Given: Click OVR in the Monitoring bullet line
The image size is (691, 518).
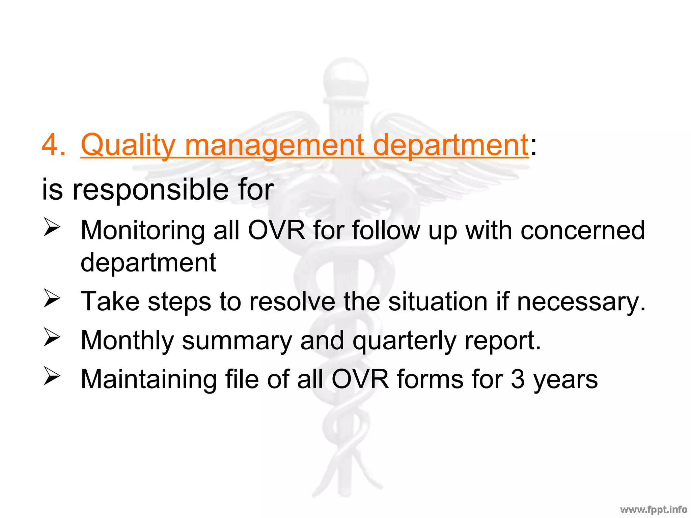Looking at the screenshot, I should pyautogui.click(x=276, y=231).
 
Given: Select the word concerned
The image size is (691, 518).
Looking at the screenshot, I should pyautogui.click(x=582, y=231).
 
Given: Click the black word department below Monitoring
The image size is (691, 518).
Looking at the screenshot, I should pyautogui.click(x=148, y=263).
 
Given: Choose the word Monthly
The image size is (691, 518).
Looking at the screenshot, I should pyautogui.click(x=127, y=341).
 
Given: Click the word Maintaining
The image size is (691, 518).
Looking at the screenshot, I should pyautogui.click(x=148, y=379).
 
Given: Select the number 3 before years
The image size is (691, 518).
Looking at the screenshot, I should pyautogui.click(x=518, y=379).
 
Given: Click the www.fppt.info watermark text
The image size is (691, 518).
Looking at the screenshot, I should pyautogui.click(x=653, y=510).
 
